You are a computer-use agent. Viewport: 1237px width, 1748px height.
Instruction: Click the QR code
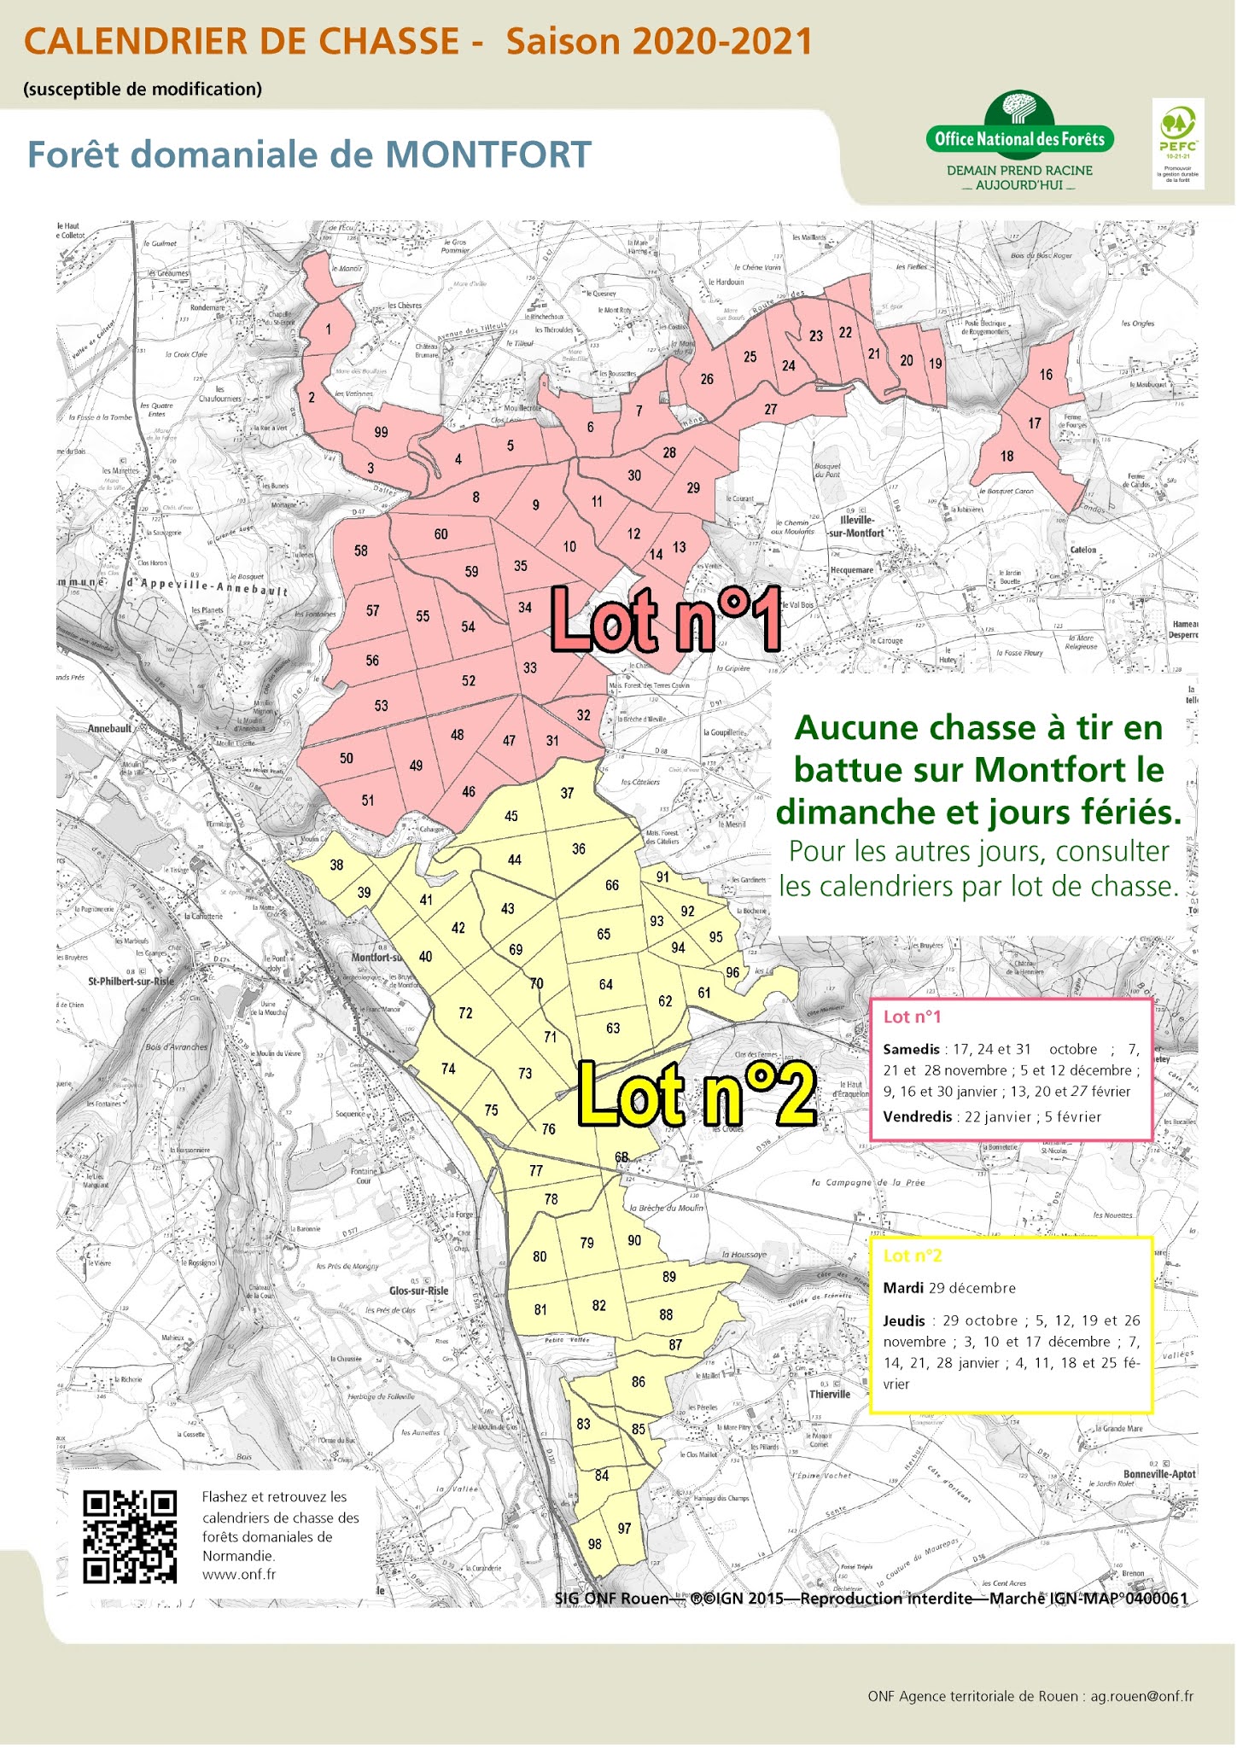(x=130, y=1536)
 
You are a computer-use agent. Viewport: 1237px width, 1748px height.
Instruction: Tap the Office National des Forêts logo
(x=1019, y=139)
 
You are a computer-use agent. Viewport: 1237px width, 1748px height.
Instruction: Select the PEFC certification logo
(x=1178, y=143)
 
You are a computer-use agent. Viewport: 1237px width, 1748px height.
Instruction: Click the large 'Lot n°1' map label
(x=665, y=619)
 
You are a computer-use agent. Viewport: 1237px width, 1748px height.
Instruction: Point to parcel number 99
(x=382, y=432)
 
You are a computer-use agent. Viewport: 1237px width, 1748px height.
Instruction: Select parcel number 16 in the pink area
(x=1046, y=375)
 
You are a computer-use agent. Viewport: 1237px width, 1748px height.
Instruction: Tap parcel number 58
(x=361, y=551)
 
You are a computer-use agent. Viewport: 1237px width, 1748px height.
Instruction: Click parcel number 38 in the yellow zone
(x=337, y=865)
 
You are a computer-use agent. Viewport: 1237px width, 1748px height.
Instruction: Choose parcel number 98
(x=595, y=1544)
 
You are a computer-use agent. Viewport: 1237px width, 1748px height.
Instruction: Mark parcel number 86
(x=639, y=1382)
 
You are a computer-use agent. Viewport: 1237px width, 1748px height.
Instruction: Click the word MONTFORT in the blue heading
(x=488, y=155)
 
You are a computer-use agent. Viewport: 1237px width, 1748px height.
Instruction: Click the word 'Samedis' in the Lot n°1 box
(x=911, y=1049)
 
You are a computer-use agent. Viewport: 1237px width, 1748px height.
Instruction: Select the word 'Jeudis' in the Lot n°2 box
(x=904, y=1320)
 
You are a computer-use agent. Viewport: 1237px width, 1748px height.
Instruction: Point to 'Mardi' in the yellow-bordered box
(x=903, y=1288)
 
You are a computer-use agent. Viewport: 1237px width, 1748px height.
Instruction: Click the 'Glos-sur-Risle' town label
(x=418, y=1291)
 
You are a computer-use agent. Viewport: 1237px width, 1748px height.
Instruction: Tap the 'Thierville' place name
(x=830, y=1394)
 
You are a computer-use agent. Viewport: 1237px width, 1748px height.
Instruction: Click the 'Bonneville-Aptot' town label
(x=1159, y=1474)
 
